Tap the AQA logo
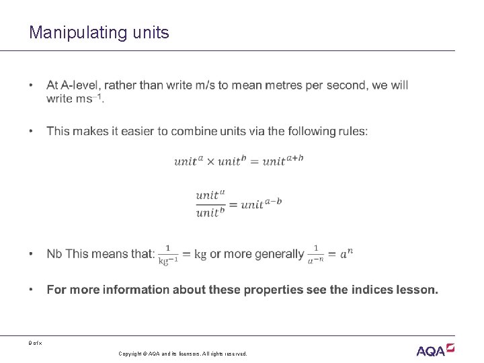(435, 350)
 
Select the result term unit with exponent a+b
(283, 160)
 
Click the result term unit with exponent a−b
(261, 204)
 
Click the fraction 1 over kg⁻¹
(168, 254)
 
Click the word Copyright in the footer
(132, 354)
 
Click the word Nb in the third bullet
(54, 254)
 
